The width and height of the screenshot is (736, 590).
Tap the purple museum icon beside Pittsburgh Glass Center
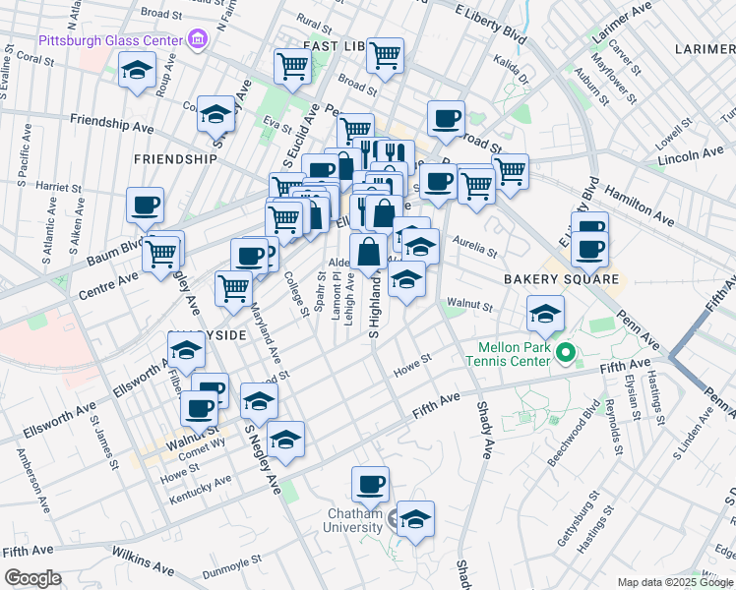(x=199, y=39)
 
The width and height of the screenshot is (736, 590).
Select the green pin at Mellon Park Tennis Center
(x=566, y=352)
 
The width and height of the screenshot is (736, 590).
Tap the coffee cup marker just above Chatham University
(x=370, y=484)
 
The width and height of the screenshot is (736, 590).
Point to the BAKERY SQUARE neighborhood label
(x=561, y=279)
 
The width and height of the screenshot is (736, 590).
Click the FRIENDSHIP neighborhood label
(x=174, y=159)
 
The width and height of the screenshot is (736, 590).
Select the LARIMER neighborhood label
(x=705, y=48)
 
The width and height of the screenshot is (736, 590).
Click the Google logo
(x=32, y=578)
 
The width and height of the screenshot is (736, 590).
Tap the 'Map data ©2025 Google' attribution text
(x=674, y=582)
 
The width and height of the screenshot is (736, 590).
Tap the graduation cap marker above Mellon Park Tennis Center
(x=545, y=314)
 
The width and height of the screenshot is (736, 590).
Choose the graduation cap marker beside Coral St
(x=137, y=70)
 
